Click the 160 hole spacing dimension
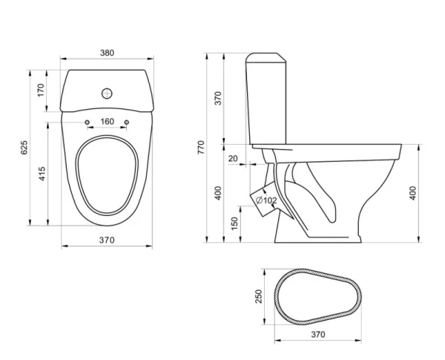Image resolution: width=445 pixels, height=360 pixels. [x=108, y=122]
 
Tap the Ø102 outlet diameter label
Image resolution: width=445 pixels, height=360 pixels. [x=266, y=200]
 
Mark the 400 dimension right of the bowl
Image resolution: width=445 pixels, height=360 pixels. [x=413, y=192]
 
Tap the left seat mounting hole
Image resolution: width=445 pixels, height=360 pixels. [x=88, y=122]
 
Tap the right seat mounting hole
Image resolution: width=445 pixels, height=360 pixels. [x=127, y=122]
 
